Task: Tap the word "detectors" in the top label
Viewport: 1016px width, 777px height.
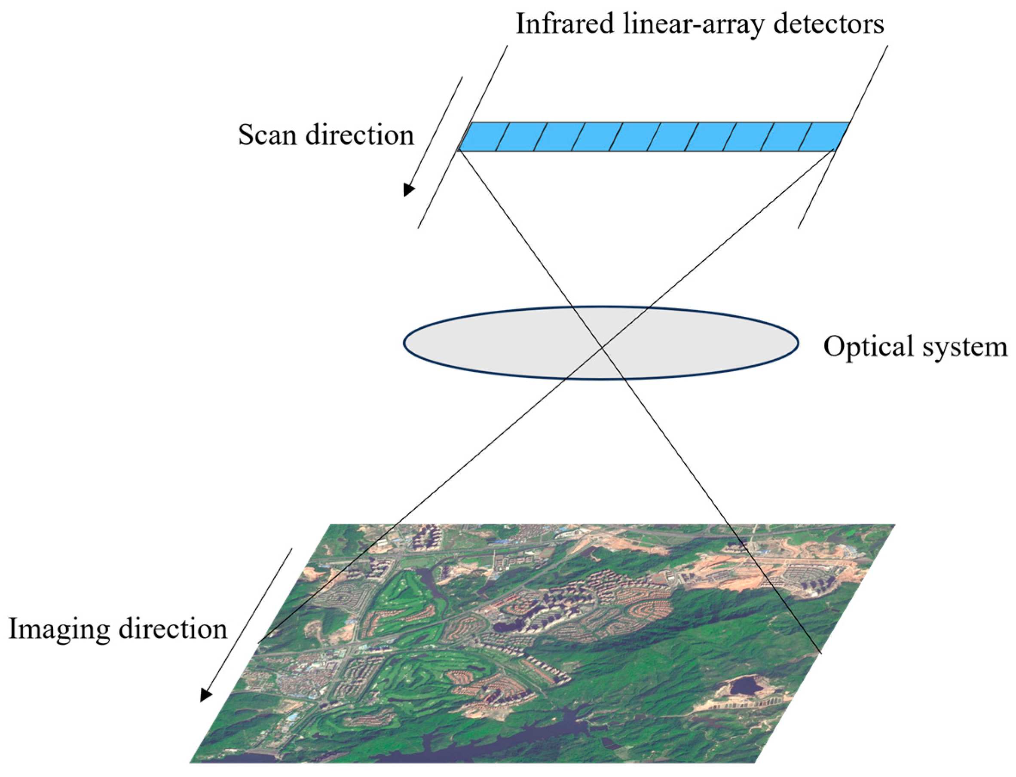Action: pos(828,24)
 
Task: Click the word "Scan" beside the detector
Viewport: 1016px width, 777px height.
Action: pos(267,135)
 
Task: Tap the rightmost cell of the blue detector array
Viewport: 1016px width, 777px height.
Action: pos(823,136)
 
